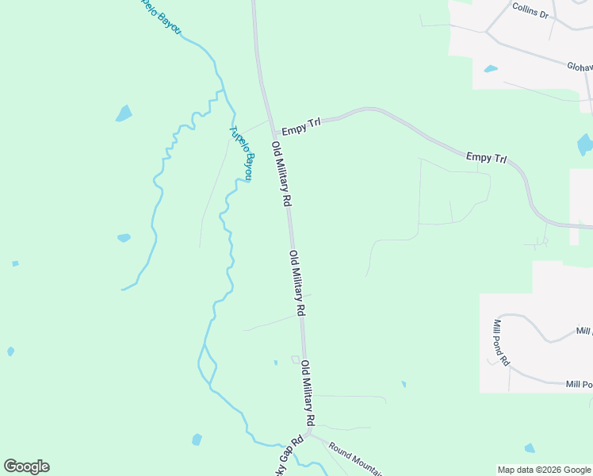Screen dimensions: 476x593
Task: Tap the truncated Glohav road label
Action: [x=579, y=68]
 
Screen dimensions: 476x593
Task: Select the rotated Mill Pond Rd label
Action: [x=501, y=343]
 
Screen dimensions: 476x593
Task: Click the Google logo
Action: [x=26, y=466]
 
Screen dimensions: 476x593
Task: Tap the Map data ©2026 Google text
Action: [x=544, y=470]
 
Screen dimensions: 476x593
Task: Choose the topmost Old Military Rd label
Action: [x=280, y=175]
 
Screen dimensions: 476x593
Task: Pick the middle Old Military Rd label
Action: [x=297, y=283]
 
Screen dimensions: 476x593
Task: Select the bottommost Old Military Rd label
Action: [x=308, y=393]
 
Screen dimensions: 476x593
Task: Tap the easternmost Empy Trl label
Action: [x=486, y=158]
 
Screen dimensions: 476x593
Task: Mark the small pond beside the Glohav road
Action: [x=491, y=69]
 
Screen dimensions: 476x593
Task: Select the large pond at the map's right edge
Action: [x=585, y=144]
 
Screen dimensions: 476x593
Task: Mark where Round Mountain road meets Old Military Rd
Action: [x=312, y=434]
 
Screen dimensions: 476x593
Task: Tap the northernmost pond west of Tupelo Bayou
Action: [x=124, y=113]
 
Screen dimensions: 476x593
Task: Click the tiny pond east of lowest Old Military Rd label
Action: [x=404, y=385]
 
